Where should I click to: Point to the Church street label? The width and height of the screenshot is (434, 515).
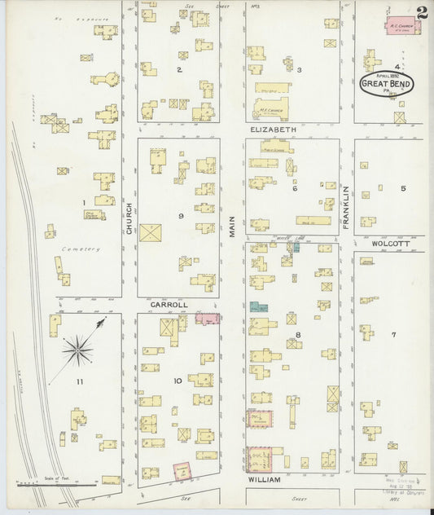tap(129, 218)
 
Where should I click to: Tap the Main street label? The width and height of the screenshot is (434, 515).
tap(232, 226)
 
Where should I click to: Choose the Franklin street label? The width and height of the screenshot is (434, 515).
tap(346, 200)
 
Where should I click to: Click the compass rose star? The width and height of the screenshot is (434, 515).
tap(78, 351)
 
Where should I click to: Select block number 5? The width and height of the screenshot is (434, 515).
tap(402, 188)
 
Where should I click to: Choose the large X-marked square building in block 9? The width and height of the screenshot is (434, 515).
tap(151, 232)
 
